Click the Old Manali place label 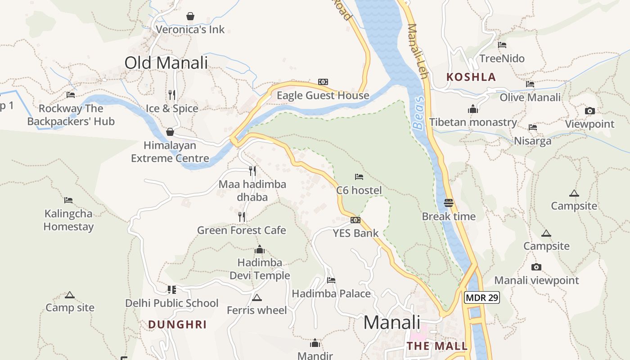[166, 63]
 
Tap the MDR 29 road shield [482, 297]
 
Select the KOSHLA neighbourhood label [471, 77]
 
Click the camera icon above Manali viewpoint [536, 267]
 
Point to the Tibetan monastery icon [472, 109]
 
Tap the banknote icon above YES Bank [355, 220]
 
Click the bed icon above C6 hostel [359, 177]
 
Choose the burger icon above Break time [448, 202]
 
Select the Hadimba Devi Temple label [260, 269]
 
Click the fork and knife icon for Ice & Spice [171, 94]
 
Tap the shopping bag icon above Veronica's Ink [190, 16]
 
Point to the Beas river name [418, 113]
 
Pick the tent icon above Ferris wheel [257, 297]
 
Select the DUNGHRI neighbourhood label [177, 324]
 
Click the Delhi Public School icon [171, 289]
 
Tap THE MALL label [437, 346]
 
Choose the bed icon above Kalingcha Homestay [68, 200]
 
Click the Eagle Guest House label [323, 95]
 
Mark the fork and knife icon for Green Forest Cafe [242, 217]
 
